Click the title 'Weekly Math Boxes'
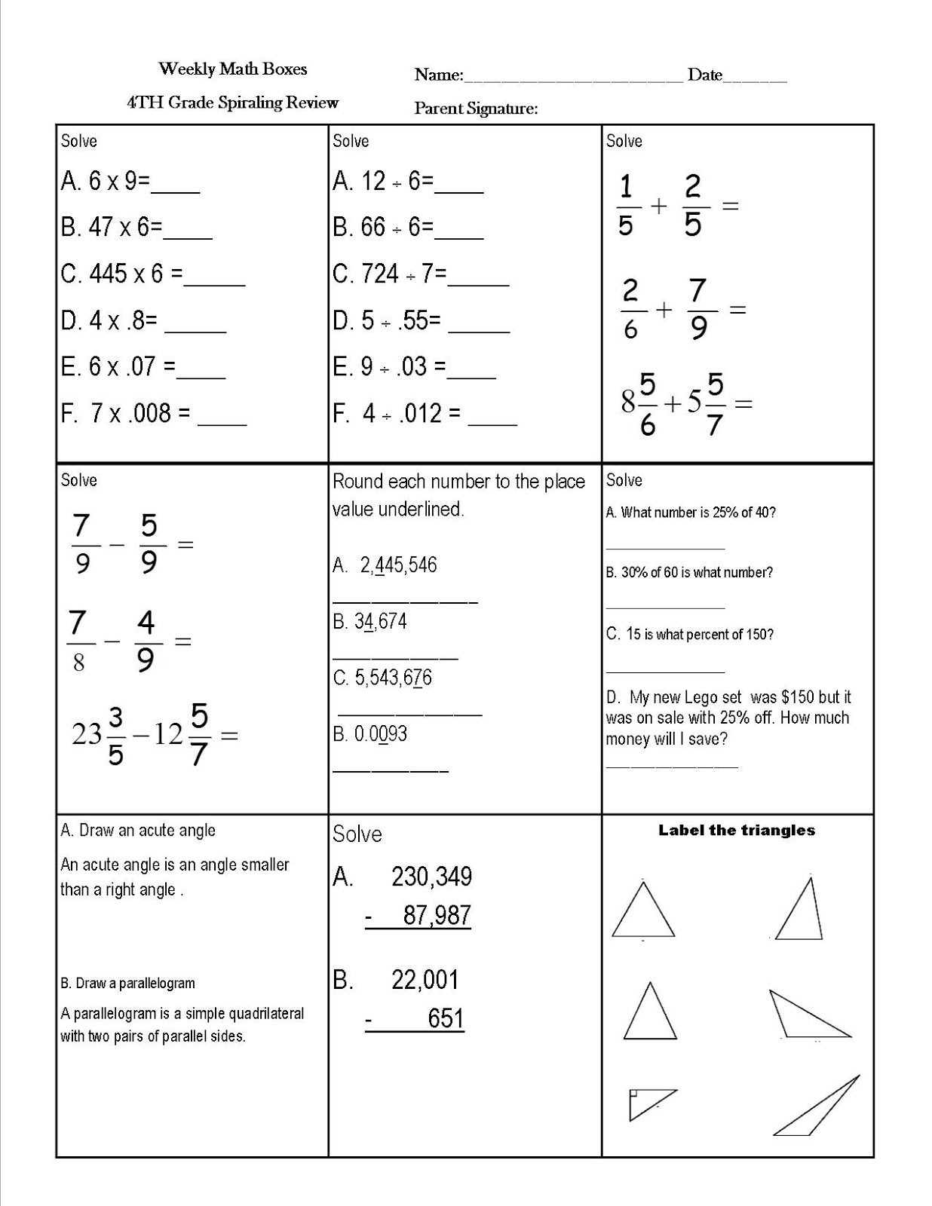233,69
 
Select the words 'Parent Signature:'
476,109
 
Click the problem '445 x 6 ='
136,274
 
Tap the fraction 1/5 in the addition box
626,205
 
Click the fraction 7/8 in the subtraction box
78,642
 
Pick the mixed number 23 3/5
98,735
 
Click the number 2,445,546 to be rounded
398,565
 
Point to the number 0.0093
381,734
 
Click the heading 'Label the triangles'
737,831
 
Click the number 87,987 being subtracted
437,915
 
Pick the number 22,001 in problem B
425,980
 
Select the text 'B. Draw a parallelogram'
127,984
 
